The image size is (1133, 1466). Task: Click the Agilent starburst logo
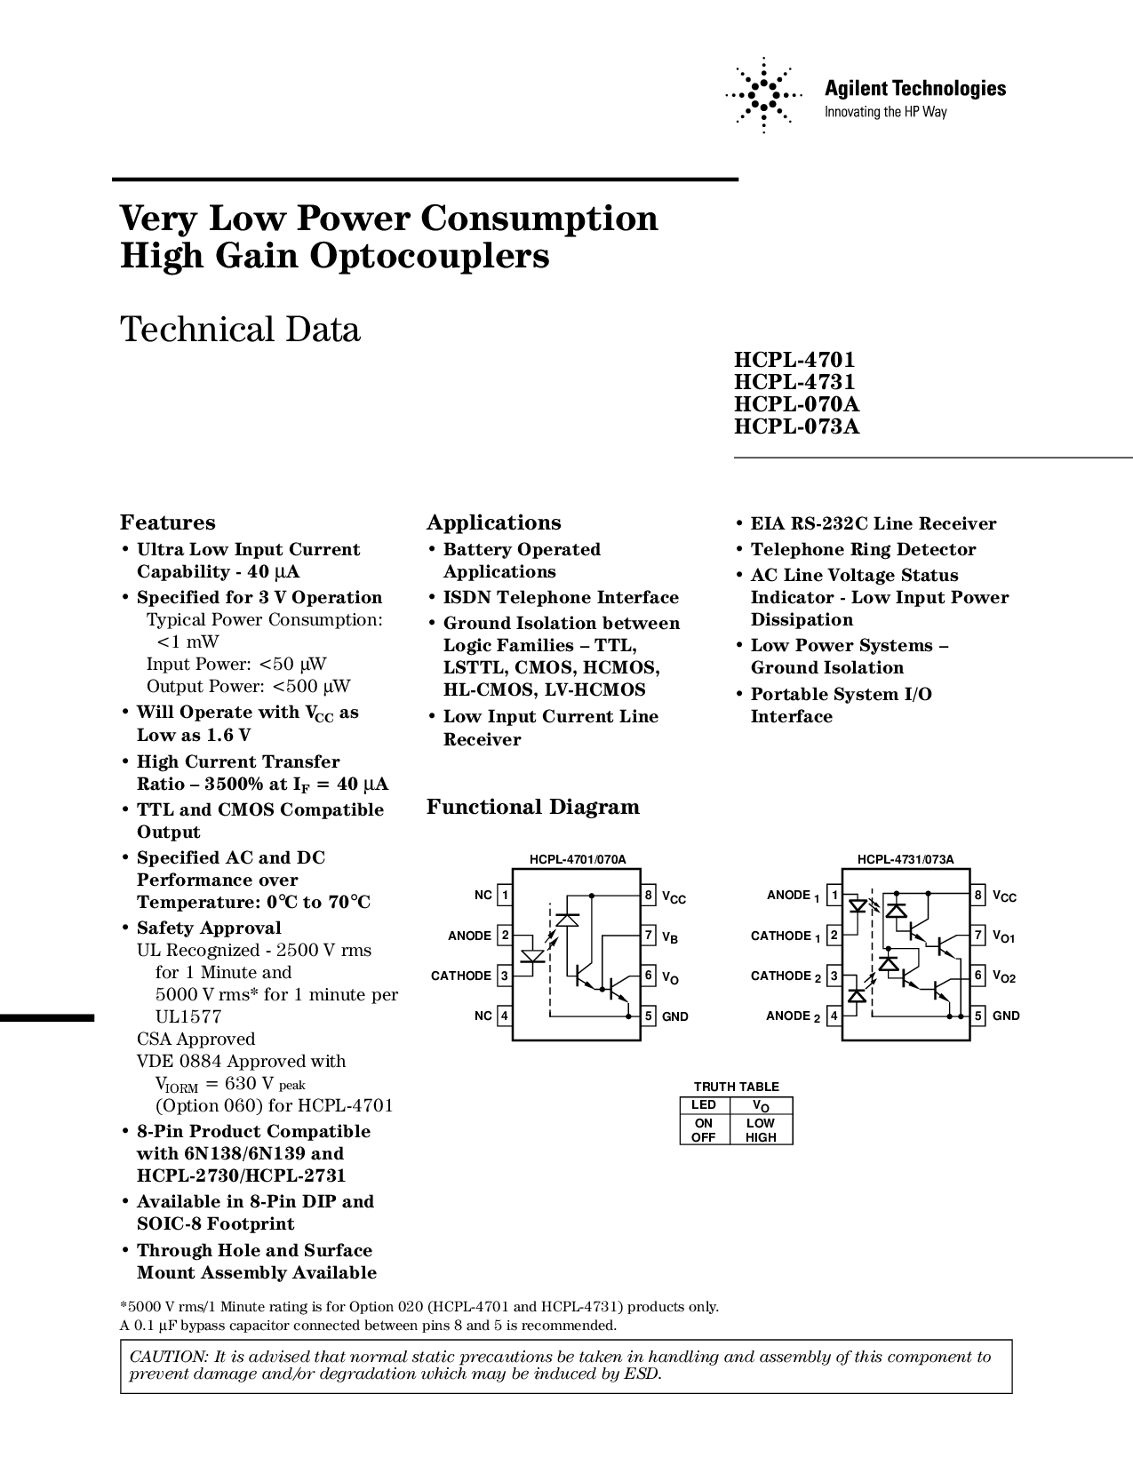[762, 95]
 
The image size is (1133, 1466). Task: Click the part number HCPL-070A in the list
[796, 404]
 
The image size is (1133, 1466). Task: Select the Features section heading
[168, 522]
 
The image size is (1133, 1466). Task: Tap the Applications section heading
[494, 522]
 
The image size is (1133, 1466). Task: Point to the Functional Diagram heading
[533, 807]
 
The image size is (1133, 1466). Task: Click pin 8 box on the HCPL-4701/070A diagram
[649, 895]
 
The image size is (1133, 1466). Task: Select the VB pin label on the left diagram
[670, 936]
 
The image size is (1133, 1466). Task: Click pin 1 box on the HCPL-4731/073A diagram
[834, 895]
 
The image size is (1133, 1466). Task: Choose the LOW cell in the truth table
[761, 1123]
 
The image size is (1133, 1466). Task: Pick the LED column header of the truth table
[704, 1105]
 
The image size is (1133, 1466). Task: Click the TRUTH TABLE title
[736, 1087]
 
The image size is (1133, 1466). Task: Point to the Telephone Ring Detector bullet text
[863, 549]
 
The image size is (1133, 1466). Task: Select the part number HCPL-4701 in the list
[794, 360]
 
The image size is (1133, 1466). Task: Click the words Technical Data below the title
[240, 330]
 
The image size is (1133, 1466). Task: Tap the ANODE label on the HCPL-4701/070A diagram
[469, 936]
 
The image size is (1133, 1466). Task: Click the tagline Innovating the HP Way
[886, 112]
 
